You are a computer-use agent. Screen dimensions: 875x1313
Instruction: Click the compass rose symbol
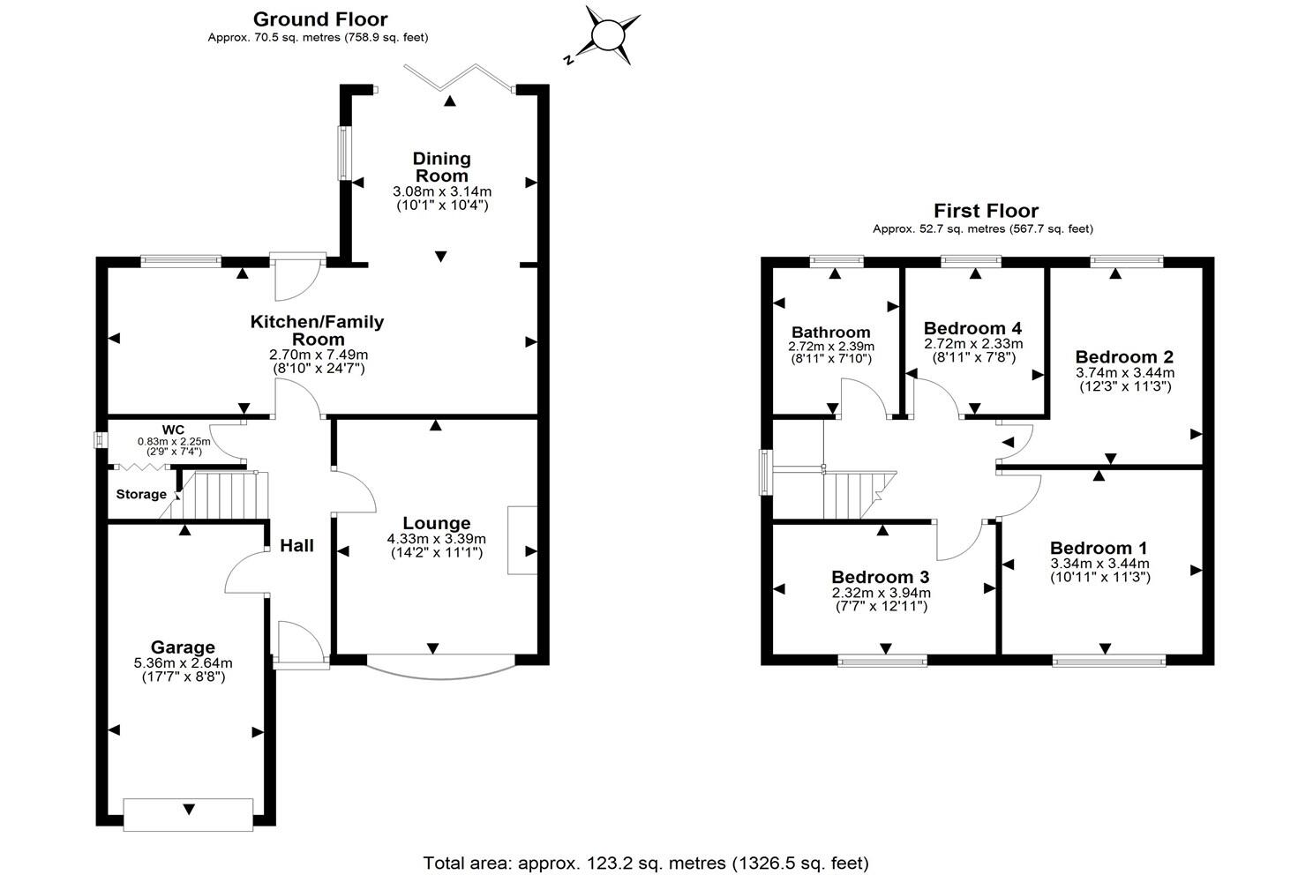pos(607,35)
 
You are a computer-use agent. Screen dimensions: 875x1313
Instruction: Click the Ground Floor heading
pos(319,19)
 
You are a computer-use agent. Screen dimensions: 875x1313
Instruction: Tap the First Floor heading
pos(986,211)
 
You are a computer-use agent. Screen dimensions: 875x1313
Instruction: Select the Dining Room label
pos(441,167)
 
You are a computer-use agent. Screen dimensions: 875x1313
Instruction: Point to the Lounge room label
pos(436,523)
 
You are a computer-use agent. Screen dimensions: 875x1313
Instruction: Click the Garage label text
pos(183,647)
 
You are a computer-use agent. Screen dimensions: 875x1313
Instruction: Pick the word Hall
pos(296,546)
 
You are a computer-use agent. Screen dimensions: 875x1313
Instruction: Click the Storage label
pos(141,494)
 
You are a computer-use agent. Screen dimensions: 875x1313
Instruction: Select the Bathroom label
pos(830,333)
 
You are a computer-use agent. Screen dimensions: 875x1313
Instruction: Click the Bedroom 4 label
pos(972,328)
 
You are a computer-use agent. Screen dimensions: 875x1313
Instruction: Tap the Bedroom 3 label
pos(880,578)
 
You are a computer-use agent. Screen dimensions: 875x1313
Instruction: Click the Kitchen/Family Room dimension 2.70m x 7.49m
pos(318,355)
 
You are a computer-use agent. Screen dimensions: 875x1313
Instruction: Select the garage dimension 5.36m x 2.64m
pos(183,663)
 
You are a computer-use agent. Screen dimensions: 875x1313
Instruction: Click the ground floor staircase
pos(223,496)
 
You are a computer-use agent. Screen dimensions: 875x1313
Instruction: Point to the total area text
pos(646,863)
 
